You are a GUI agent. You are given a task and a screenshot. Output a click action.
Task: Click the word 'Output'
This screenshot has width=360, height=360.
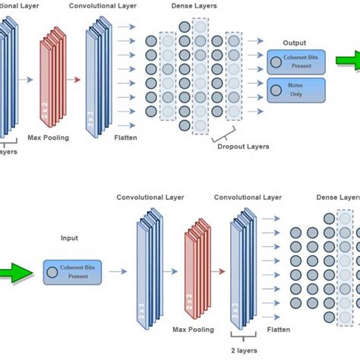click(294, 43)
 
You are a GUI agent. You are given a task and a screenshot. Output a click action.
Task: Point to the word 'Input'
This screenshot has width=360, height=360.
click(69, 238)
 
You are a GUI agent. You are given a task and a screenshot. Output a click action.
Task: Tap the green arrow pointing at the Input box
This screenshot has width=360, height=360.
click(17, 271)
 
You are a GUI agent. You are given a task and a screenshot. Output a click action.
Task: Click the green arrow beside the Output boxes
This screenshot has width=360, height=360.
click(345, 77)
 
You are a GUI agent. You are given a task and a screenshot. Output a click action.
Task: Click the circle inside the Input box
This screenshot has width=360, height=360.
click(50, 271)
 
